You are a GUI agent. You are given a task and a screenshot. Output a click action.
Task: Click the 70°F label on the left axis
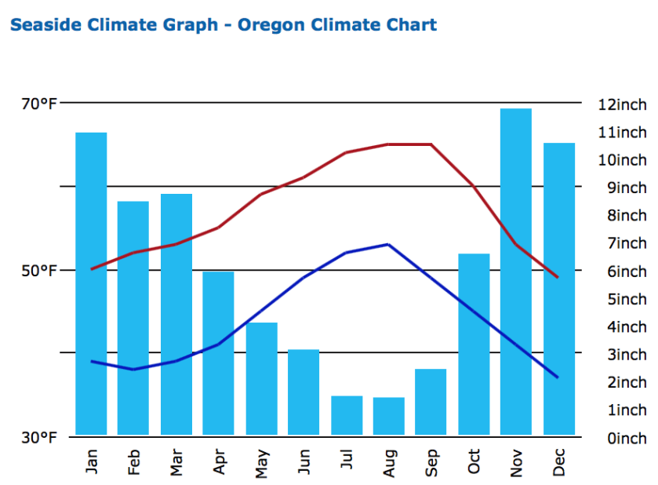coord(39,104)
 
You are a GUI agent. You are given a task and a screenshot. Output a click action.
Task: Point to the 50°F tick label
coord(39,271)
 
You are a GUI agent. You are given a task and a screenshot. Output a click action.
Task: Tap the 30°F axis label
coord(39,437)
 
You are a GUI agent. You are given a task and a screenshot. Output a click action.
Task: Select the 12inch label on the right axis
coord(622,104)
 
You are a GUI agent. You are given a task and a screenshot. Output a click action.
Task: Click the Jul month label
coord(347,461)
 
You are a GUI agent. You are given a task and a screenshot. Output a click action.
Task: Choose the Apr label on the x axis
coord(219,461)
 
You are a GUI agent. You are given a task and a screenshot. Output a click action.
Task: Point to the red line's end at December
coord(558,277)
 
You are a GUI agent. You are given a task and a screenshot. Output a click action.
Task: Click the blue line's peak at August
coord(388,244)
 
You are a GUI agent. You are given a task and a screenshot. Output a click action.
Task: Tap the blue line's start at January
coord(92,361)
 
